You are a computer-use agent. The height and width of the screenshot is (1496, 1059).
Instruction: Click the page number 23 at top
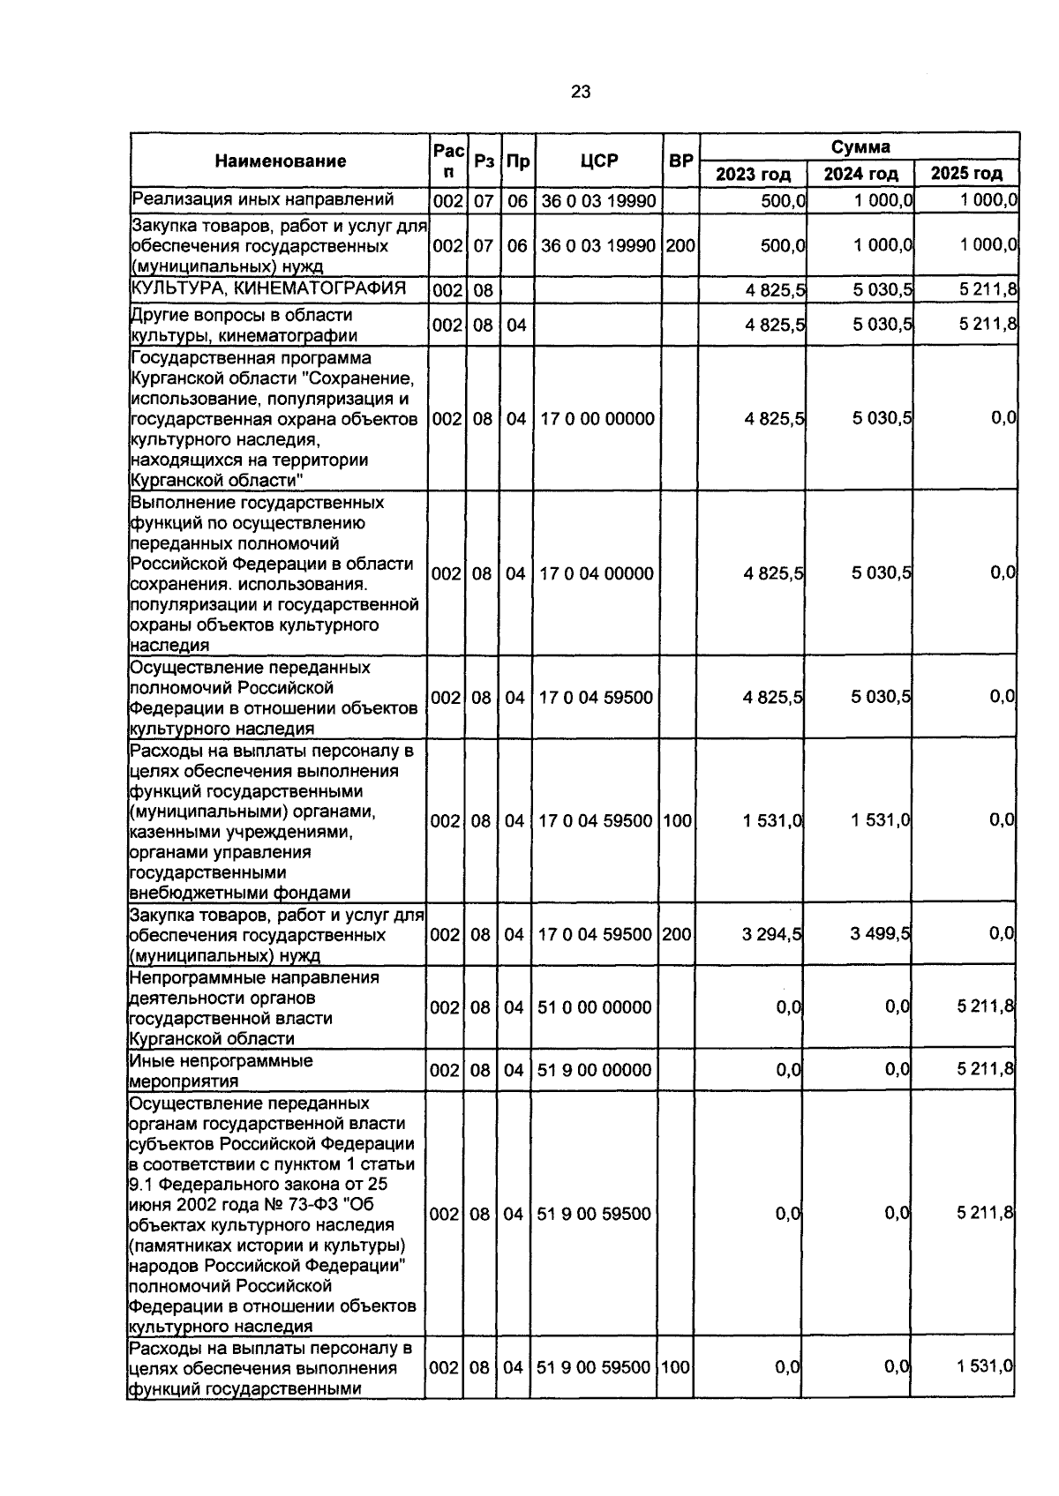[x=580, y=92]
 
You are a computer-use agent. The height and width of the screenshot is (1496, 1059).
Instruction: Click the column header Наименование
[x=281, y=161]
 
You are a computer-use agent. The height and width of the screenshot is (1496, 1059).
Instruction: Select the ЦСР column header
[x=599, y=161]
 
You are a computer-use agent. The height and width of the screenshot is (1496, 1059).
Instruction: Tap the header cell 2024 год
[x=860, y=174]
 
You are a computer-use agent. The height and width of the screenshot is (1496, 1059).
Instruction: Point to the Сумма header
[x=860, y=146]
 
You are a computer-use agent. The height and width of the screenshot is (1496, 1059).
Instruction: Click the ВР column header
[x=680, y=161]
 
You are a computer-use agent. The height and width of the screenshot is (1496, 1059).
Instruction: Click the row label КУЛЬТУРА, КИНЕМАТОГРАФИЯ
[x=268, y=288]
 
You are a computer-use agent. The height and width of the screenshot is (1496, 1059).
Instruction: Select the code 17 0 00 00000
[x=597, y=419]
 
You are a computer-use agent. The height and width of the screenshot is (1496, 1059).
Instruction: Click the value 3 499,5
[x=881, y=934]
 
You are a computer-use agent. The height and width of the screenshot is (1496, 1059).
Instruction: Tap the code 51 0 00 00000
[x=595, y=1007]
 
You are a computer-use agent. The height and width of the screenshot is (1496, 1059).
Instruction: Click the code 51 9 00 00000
[x=595, y=1070]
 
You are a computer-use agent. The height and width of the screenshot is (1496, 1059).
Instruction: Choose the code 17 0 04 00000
[x=597, y=573]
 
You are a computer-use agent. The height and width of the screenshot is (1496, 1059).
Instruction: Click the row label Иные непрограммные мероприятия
[x=221, y=1071]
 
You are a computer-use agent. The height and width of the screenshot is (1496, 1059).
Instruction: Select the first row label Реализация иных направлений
[x=262, y=200]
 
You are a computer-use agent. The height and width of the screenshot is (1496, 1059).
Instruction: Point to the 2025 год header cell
[x=967, y=174]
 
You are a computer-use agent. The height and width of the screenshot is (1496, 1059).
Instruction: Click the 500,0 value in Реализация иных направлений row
[x=784, y=201]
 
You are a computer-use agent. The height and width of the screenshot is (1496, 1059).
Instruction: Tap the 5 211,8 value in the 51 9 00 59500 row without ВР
[x=985, y=1214]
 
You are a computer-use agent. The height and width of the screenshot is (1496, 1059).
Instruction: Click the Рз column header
[x=484, y=161]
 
